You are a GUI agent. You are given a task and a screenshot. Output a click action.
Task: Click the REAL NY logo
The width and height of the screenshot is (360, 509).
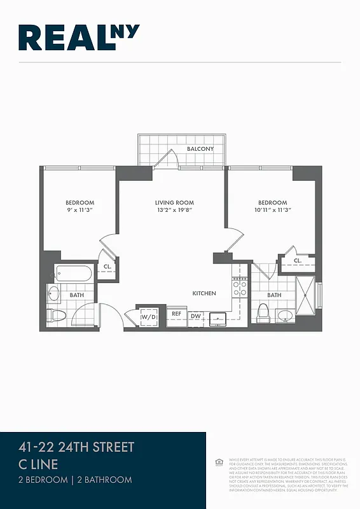pyautogui.click(x=79, y=38)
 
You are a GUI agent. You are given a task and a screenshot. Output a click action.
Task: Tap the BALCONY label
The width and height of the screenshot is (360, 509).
pyautogui.click(x=200, y=149)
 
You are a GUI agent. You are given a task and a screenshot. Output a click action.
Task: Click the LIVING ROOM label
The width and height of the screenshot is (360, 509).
pyautogui.click(x=174, y=203)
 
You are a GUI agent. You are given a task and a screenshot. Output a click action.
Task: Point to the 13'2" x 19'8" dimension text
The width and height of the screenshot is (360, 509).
pyautogui.click(x=174, y=211)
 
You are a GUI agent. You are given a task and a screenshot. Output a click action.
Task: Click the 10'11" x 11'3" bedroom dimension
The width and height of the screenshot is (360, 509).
pyautogui.click(x=272, y=211)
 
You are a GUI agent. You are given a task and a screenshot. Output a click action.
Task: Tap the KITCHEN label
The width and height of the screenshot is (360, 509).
pyautogui.click(x=205, y=293)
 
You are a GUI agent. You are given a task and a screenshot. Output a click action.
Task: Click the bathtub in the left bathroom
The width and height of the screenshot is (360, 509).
pyautogui.click(x=74, y=274)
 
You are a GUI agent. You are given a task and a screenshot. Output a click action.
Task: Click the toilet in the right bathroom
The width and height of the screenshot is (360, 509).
pyautogui.click(x=263, y=313)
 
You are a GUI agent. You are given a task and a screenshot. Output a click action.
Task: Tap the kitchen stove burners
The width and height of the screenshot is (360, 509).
pyautogui.click(x=240, y=288)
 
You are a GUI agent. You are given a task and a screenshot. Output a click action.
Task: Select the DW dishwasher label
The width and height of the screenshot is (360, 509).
pyautogui.click(x=196, y=315)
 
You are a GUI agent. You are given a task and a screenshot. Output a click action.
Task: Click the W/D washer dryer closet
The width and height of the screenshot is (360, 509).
pyautogui.click(x=148, y=316)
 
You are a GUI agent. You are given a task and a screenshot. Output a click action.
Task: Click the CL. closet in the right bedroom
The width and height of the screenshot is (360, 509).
pyautogui.click(x=297, y=260)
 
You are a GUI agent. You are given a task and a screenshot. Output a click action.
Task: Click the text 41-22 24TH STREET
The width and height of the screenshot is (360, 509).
pyautogui.click(x=77, y=447)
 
